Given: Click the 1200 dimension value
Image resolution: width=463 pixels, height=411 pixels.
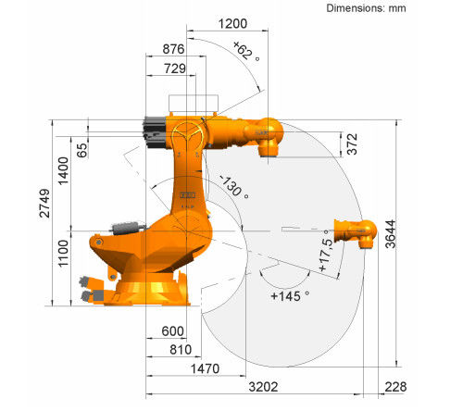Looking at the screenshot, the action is coord(232,23).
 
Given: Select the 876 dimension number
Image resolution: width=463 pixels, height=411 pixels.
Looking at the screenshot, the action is coord(173,49).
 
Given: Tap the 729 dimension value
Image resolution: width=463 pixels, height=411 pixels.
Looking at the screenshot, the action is coord(175,68).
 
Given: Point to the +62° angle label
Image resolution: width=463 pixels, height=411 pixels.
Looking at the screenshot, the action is coord(246,51).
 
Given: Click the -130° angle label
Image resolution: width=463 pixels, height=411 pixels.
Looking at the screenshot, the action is coord(234,187).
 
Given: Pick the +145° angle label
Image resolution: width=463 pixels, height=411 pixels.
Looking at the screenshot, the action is coord(290,296).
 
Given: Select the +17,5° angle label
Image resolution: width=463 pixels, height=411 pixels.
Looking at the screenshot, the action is coord(326,251).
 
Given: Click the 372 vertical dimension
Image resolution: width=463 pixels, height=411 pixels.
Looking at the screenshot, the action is coord(352,143).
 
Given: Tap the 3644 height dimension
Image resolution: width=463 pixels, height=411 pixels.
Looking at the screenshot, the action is coord(390,234).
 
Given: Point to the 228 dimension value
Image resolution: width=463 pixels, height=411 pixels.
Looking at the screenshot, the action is coord(395,387).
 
